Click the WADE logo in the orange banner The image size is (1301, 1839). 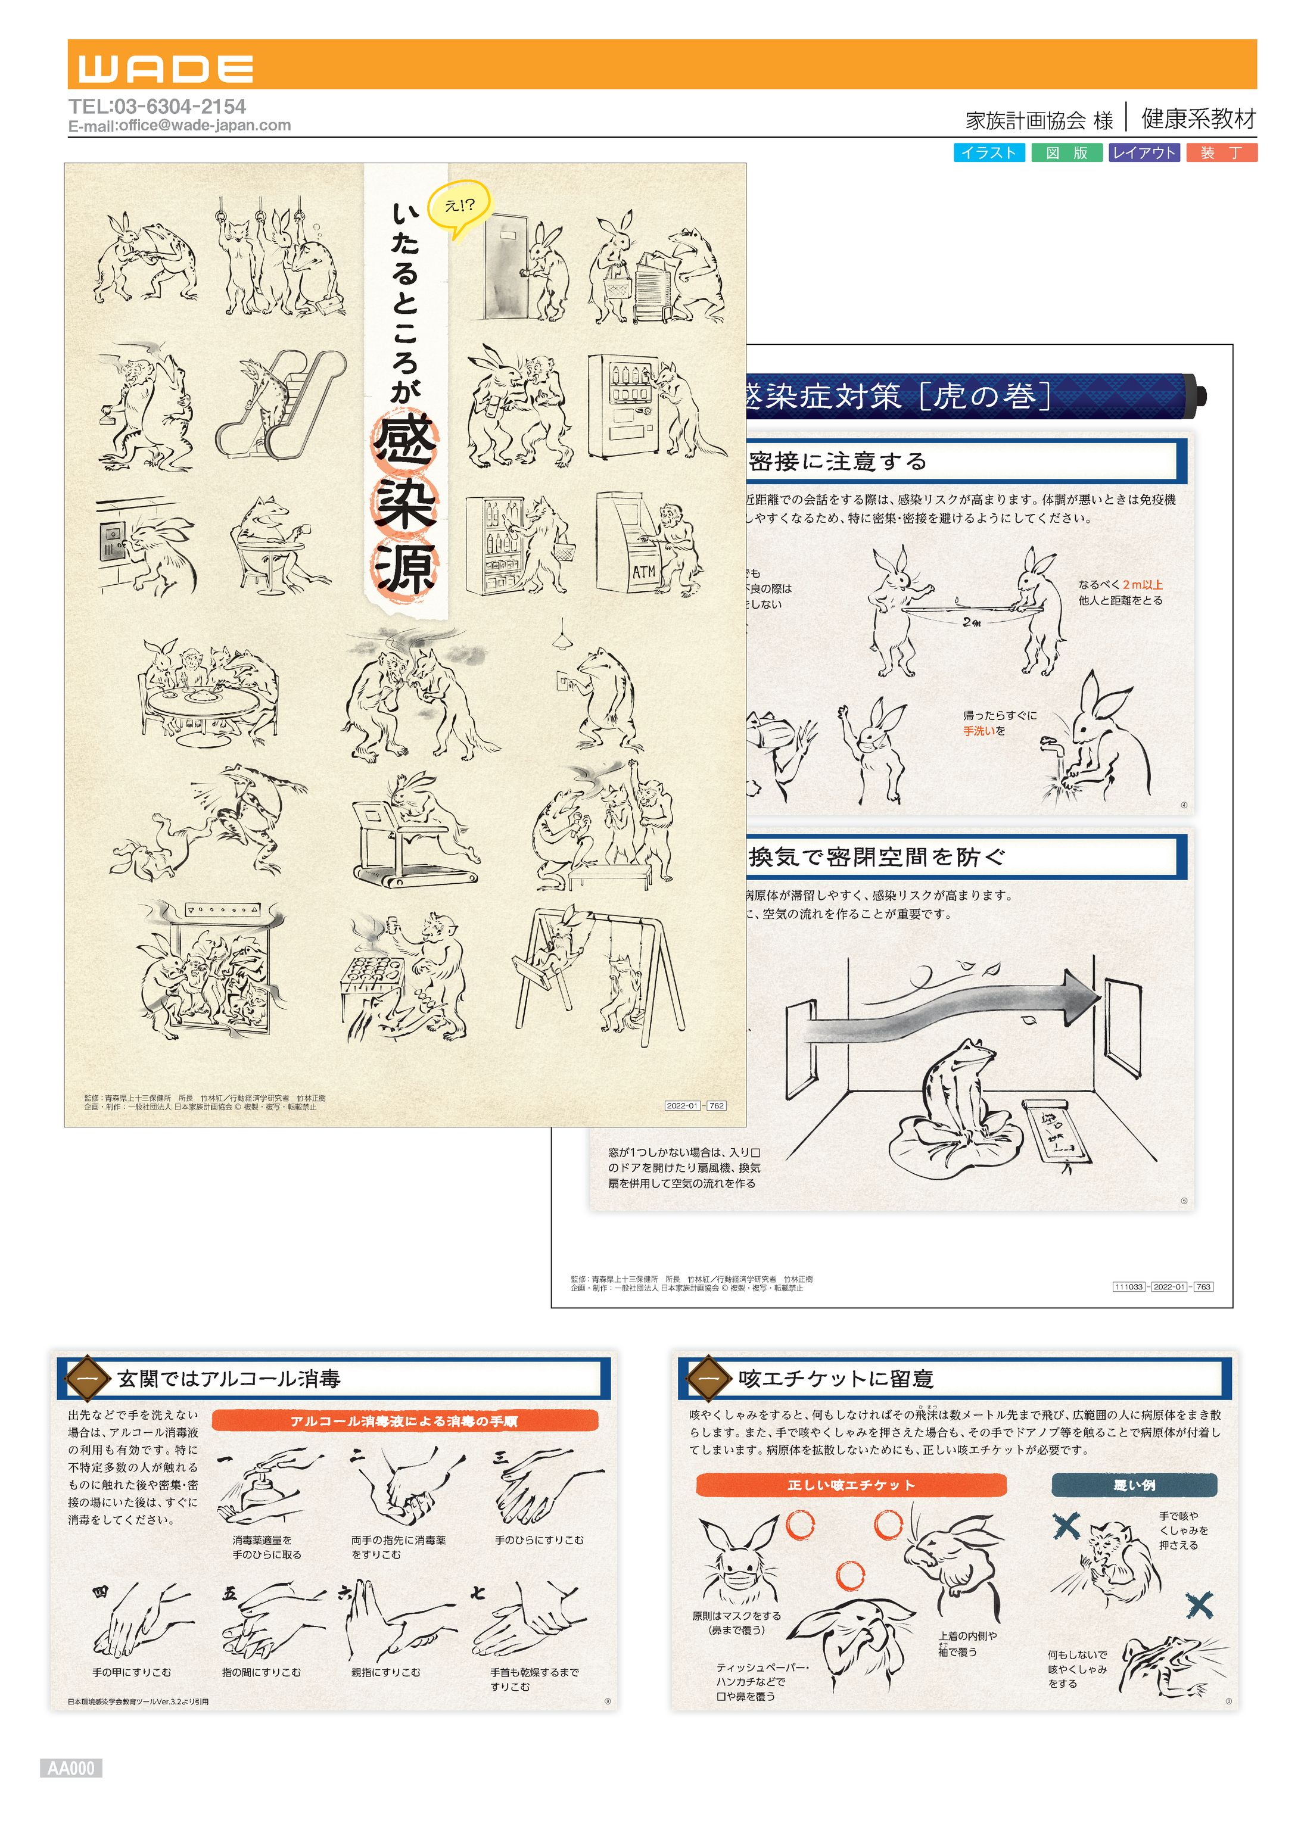(166, 69)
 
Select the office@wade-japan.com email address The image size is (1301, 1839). (204, 126)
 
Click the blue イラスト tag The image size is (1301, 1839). (989, 153)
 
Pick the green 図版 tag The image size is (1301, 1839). (1066, 153)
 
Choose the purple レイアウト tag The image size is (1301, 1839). (1144, 153)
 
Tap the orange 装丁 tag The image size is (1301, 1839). (1222, 153)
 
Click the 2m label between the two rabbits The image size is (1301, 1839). (971, 622)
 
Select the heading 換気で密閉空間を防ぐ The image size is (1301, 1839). (877, 857)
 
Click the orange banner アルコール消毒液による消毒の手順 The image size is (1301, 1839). (404, 1420)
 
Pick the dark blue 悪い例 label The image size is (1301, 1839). (1134, 1484)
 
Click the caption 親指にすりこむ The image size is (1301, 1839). (385, 1672)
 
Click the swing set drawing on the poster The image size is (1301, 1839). (597, 969)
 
